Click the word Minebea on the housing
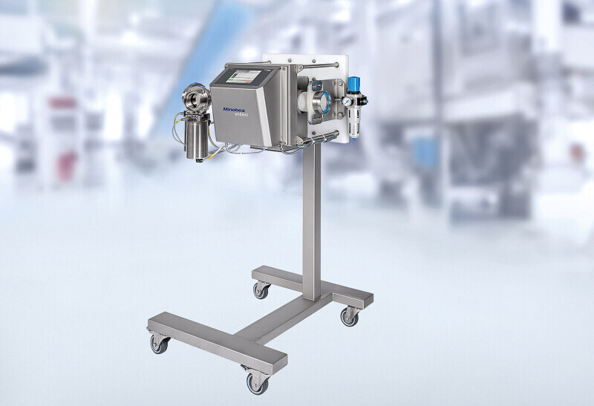pyautogui.click(x=235, y=109)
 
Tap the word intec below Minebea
pyautogui.click(x=241, y=114)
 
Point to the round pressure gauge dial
pyautogui.click(x=346, y=102)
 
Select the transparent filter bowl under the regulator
pyautogui.click(x=354, y=122)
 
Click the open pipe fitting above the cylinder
pyautogui.click(x=195, y=99)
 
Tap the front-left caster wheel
pyautogui.click(x=159, y=344)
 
